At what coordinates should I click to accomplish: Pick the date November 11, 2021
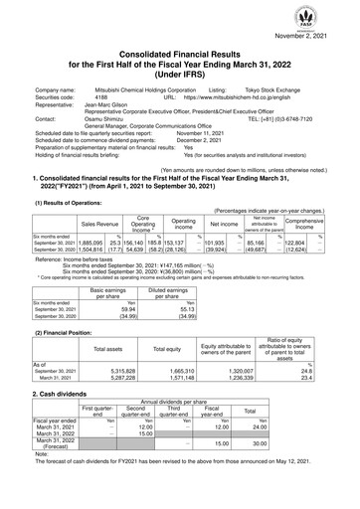(220, 138)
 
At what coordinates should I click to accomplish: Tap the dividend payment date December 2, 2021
(218, 146)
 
